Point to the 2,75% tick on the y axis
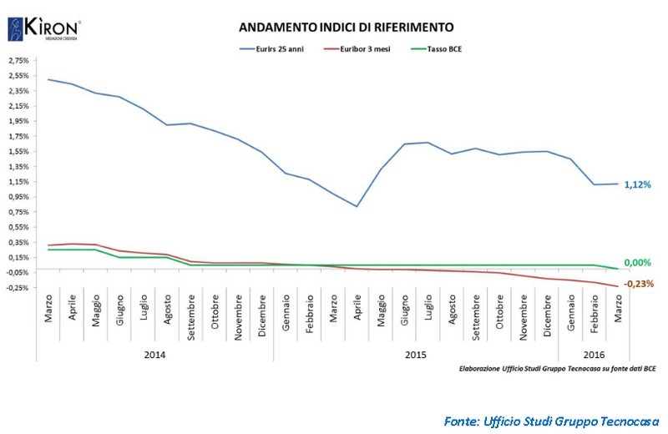pyautogui.click(x=18, y=61)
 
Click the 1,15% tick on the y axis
pyautogui.click(x=18, y=182)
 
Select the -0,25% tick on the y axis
pyautogui.click(x=18, y=288)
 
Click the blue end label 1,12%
pyautogui.click(x=638, y=184)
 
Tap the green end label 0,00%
pyautogui.click(x=638, y=263)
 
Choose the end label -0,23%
pyautogui.click(x=638, y=284)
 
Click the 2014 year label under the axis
pyautogui.click(x=154, y=354)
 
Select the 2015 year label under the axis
pyautogui.click(x=415, y=354)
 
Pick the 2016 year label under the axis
pyautogui.click(x=594, y=354)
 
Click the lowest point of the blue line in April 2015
pyautogui.click(x=357, y=206)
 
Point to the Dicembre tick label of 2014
pyautogui.click(x=263, y=316)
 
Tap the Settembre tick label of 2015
pyautogui.click(x=475, y=315)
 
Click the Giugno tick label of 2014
pyautogui.click(x=120, y=310)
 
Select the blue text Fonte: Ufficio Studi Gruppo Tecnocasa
pyautogui.click(x=552, y=419)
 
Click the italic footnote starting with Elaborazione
pyautogui.click(x=558, y=367)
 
